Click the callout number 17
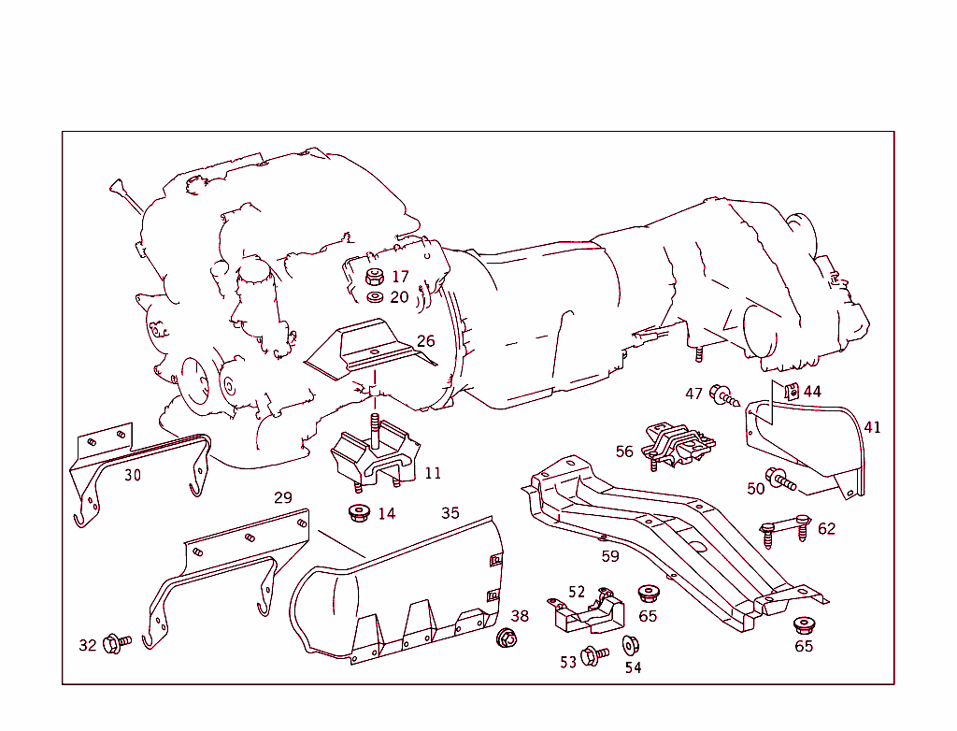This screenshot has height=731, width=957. pyautogui.click(x=400, y=277)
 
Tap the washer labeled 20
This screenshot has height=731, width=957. pyautogui.click(x=375, y=297)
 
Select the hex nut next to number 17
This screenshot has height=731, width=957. pyautogui.click(x=374, y=277)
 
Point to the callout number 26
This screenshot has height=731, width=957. pyautogui.click(x=426, y=341)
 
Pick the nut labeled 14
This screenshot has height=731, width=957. pyautogui.click(x=360, y=513)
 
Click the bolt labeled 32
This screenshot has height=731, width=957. pyautogui.click(x=116, y=643)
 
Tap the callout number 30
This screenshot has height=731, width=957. pyautogui.click(x=133, y=475)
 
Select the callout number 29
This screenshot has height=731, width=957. pyautogui.click(x=283, y=497)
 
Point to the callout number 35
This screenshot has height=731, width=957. pyautogui.click(x=450, y=513)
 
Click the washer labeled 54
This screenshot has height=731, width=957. pyautogui.click(x=631, y=646)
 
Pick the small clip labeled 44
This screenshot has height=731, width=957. pyautogui.click(x=791, y=391)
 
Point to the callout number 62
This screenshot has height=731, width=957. pyautogui.click(x=826, y=529)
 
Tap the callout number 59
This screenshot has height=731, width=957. pyautogui.click(x=610, y=556)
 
